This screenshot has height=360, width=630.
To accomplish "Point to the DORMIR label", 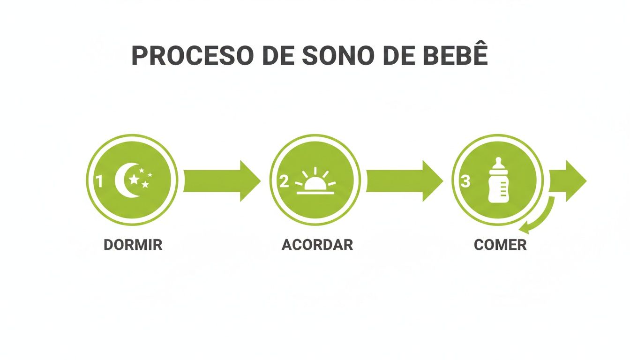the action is point(133,245).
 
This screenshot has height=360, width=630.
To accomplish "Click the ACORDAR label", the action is point(317,245).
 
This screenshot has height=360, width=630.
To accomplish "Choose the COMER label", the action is point(500,245).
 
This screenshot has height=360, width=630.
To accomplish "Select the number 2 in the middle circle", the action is point(284,181).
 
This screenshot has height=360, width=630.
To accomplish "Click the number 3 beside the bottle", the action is point(465,181).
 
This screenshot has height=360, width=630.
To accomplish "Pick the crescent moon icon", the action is point(124,180).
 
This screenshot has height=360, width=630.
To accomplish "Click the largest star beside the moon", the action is point(135,179).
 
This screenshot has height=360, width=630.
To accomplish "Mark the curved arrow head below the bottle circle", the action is point(527,228).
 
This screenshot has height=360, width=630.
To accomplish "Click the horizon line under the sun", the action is point(315,192).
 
